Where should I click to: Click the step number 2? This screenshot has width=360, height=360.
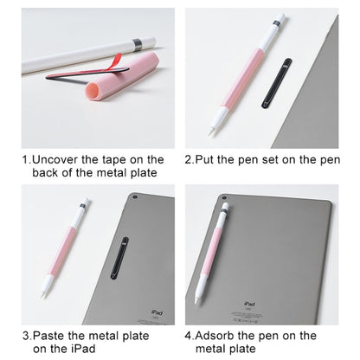point(189,159)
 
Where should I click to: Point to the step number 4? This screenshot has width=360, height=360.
point(189,334)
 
